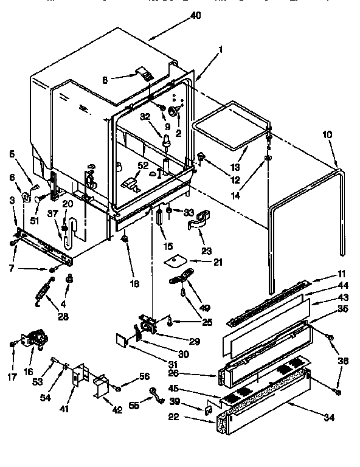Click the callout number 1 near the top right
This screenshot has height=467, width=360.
220,50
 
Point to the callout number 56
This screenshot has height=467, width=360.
144,376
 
